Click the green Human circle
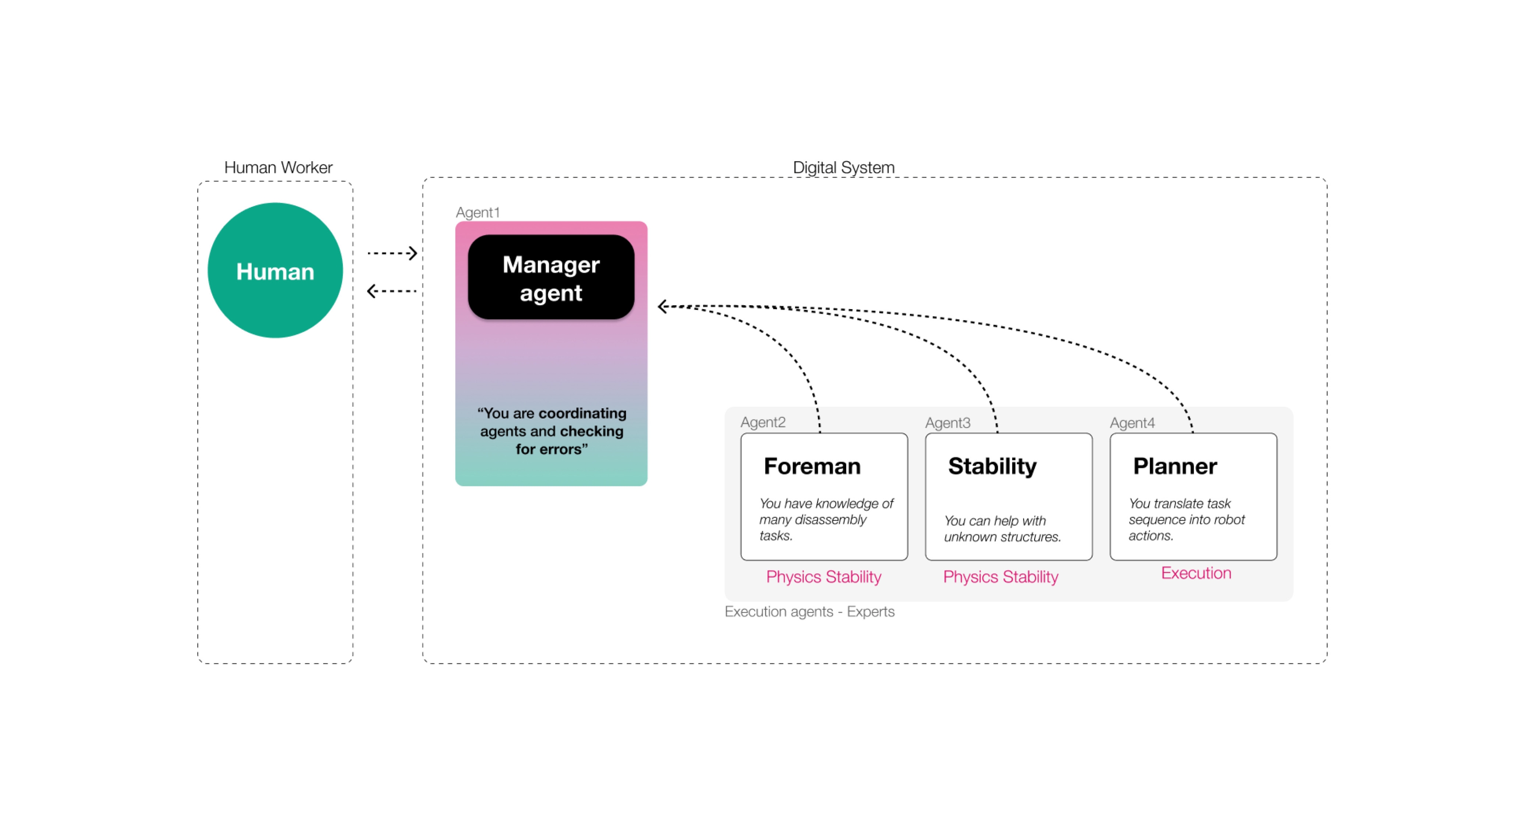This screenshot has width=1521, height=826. tap(275, 271)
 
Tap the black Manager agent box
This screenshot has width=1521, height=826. tap(551, 277)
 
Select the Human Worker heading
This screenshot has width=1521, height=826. tap(278, 167)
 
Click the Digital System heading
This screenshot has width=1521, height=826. tap(843, 167)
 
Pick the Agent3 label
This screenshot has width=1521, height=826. tap(948, 423)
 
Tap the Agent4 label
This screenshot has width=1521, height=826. tap(1132, 423)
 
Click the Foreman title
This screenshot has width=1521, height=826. tap(812, 466)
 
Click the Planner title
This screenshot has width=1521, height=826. tap(1175, 466)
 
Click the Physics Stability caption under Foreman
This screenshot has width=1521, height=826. tap(824, 577)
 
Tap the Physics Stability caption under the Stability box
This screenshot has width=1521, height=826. tap(1001, 577)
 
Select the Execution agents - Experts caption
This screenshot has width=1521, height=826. tap(810, 612)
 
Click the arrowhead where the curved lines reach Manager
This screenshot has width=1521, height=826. tap(663, 306)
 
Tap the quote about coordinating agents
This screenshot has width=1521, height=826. tap(551, 431)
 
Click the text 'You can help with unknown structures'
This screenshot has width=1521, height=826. tap(1002, 528)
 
